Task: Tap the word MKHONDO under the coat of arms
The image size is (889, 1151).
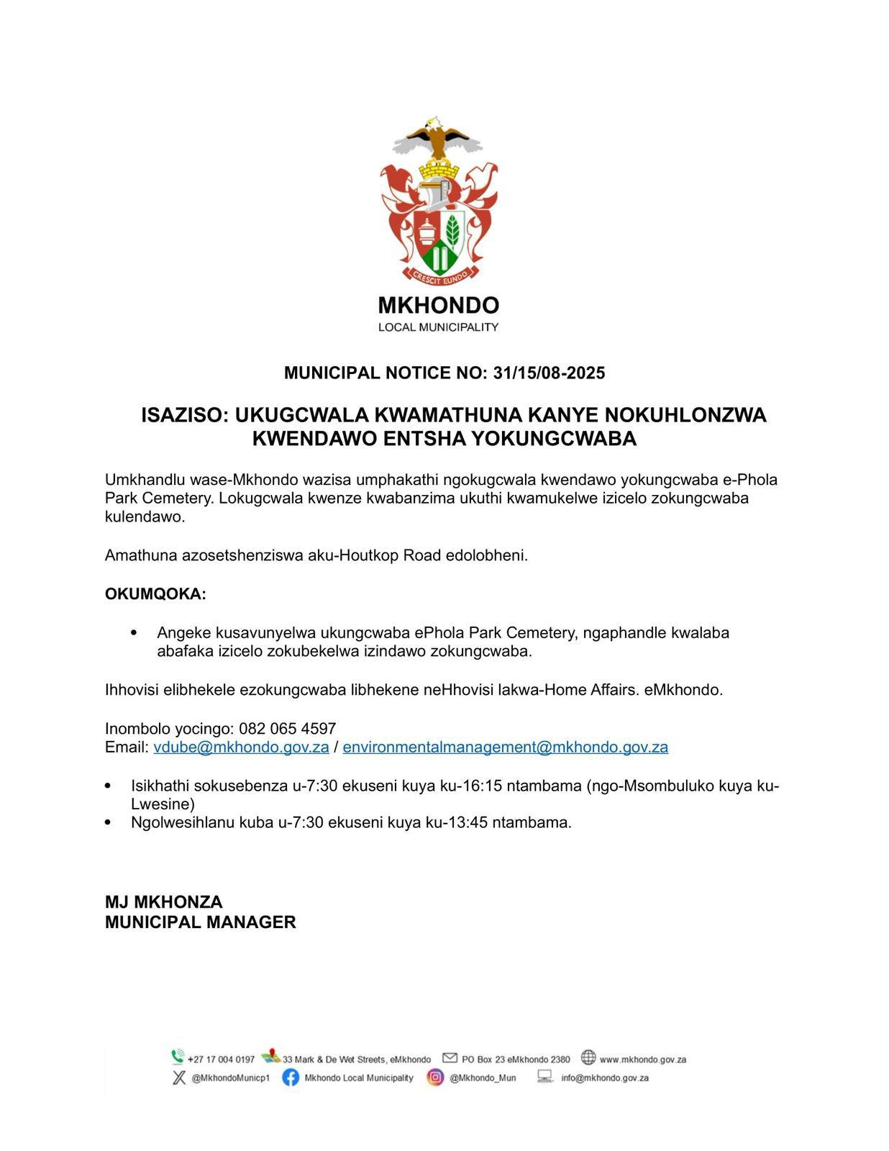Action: tap(438, 306)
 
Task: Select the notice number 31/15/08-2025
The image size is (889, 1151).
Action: tap(549, 373)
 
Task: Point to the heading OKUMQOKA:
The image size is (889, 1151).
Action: tap(155, 594)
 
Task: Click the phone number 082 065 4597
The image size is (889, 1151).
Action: tap(288, 729)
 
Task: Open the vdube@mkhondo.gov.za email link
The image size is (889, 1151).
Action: tap(241, 747)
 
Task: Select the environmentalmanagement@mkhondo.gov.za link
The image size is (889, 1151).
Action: tap(505, 747)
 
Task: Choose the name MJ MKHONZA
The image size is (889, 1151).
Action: tap(164, 902)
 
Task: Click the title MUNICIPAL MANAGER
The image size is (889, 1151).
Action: tap(200, 922)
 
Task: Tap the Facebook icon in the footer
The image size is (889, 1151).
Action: tap(291, 1078)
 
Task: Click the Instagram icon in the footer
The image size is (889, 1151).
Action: tap(435, 1078)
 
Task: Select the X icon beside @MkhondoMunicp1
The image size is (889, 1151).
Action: tap(179, 1078)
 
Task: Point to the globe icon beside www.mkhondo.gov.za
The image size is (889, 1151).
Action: tap(588, 1057)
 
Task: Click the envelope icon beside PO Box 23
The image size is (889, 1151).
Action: tap(450, 1057)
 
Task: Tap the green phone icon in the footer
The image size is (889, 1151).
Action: tap(178, 1057)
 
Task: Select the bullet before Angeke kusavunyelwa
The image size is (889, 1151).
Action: tap(134, 633)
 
